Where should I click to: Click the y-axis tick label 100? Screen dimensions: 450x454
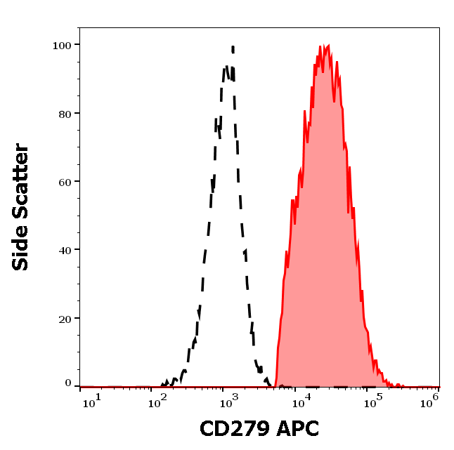pos(62,45)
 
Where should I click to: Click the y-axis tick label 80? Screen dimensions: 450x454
pos(65,113)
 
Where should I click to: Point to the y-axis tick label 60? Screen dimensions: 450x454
pos(65,181)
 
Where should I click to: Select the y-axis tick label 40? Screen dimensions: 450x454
pos(65,250)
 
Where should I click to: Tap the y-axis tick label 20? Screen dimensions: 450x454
pos(65,318)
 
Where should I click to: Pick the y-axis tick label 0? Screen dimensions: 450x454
pos(68,383)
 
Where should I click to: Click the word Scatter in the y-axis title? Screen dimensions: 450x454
pos(21,187)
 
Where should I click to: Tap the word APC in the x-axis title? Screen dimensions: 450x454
pos(299,428)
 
